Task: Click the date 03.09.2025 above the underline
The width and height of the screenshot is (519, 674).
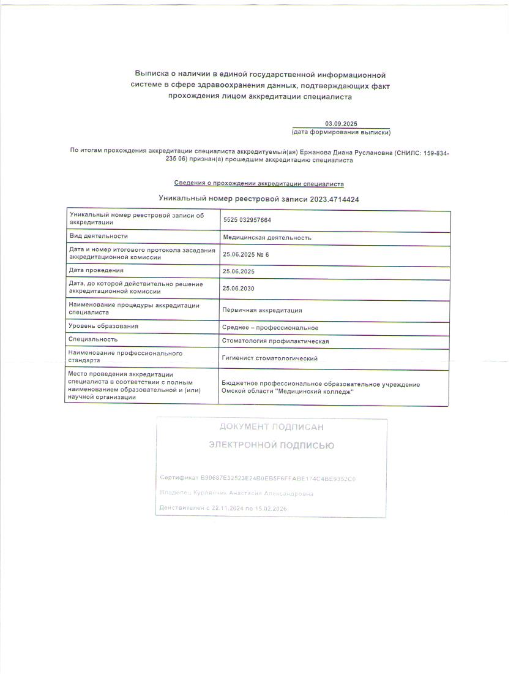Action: click(x=341, y=124)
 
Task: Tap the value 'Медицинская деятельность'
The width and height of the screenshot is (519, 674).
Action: click(x=267, y=238)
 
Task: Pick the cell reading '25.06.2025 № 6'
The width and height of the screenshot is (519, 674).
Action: click(x=246, y=254)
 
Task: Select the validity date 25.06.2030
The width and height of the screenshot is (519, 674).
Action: click(x=239, y=287)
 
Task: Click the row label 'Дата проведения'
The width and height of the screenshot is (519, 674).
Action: click(x=96, y=270)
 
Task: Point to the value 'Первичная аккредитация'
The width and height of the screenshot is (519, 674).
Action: click(x=262, y=311)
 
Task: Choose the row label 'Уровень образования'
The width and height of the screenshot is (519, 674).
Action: click(x=103, y=327)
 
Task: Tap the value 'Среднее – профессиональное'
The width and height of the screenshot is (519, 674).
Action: click(x=270, y=328)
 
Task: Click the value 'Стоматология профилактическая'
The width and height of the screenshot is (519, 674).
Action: click(x=276, y=341)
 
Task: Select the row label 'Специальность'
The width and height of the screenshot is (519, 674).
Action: click(x=93, y=339)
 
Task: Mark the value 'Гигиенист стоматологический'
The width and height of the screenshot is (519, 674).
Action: click(x=270, y=358)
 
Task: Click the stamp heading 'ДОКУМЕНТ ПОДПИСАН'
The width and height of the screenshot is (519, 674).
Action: click(x=271, y=427)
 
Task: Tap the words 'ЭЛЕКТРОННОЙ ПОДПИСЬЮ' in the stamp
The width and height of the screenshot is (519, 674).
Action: click(x=271, y=445)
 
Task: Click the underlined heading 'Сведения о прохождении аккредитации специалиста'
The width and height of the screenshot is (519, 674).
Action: click(x=259, y=184)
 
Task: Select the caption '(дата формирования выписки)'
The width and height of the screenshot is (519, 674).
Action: click(x=341, y=132)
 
